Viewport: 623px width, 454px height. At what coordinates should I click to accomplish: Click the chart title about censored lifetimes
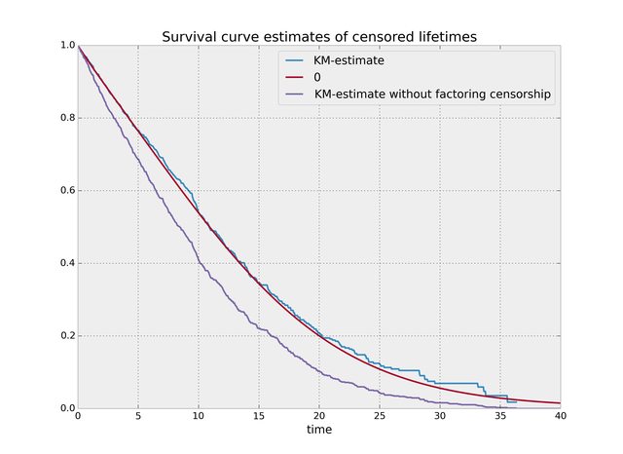(319, 37)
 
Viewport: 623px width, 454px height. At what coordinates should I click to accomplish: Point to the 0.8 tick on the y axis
(65, 118)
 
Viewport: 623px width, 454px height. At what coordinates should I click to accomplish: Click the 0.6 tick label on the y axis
(65, 191)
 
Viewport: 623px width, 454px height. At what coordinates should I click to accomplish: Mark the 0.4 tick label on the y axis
(65, 263)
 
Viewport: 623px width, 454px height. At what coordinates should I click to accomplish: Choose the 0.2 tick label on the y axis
(65, 336)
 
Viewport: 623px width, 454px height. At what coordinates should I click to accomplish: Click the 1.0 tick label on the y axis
(65, 46)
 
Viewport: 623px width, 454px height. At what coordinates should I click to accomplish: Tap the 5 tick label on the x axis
(138, 416)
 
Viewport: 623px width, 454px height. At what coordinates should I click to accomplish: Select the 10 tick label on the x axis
(199, 416)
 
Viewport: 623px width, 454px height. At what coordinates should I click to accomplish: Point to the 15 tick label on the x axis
(259, 416)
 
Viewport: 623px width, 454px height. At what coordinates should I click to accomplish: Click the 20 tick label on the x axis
(319, 416)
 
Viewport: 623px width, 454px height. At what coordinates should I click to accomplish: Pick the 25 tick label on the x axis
(380, 416)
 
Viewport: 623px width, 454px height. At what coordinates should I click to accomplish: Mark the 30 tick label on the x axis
(440, 416)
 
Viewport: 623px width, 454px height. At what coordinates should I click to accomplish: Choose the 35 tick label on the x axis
(500, 416)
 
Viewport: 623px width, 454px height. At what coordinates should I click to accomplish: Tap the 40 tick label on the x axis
(561, 416)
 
